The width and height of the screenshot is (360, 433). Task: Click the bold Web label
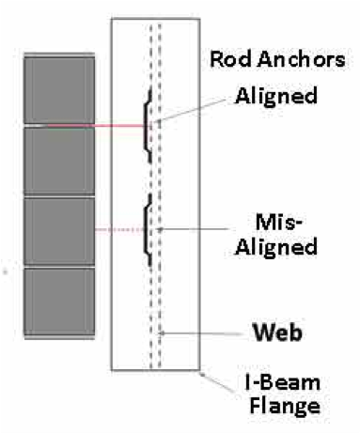278,333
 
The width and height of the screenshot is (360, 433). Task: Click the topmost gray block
56,89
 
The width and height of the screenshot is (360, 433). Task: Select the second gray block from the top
56,159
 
